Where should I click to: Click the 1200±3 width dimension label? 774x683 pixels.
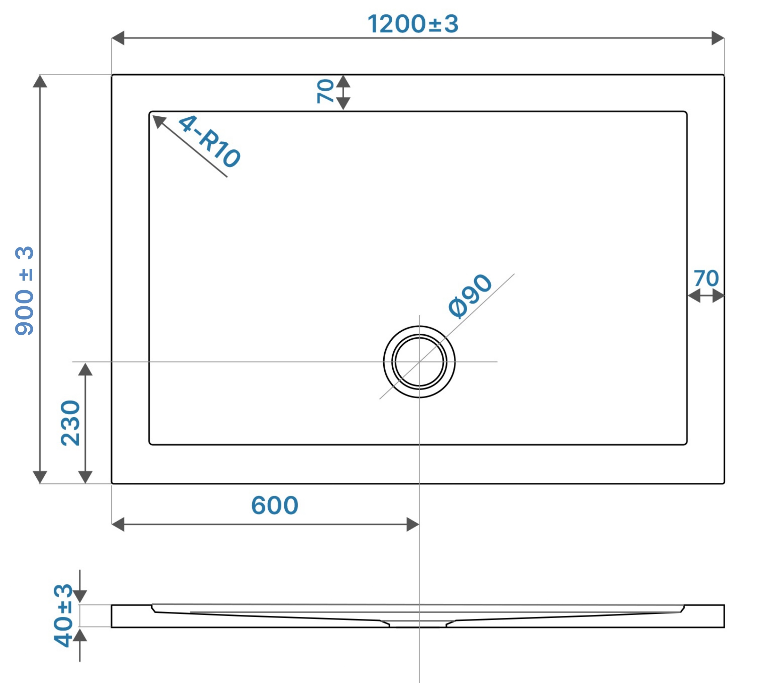pyautogui.click(x=413, y=23)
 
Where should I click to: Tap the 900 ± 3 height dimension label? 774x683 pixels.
pyautogui.click(x=24, y=291)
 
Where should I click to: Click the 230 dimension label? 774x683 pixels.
pyautogui.click(x=70, y=423)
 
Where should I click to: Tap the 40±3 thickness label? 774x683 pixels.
pyautogui.click(x=63, y=615)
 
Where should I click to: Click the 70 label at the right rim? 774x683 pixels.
pyautogui.click(x=706, y=278)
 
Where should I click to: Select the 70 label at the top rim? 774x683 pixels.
pyautogui.click(x=325, y=91)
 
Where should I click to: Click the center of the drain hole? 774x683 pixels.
pyautogui.click(x=419, y=362)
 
